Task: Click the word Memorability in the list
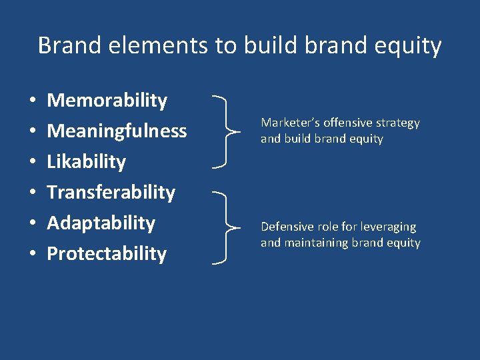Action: tap(107, 101)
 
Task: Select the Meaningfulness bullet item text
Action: tap(117, 131)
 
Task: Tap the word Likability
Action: tap(86, 162)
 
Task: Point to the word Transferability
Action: tap(111, 193)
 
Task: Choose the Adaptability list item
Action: tap(101, 223)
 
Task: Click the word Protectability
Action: tap(107, 253)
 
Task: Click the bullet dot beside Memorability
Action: tap(33, 101)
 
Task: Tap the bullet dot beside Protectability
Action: tap(33, 254)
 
